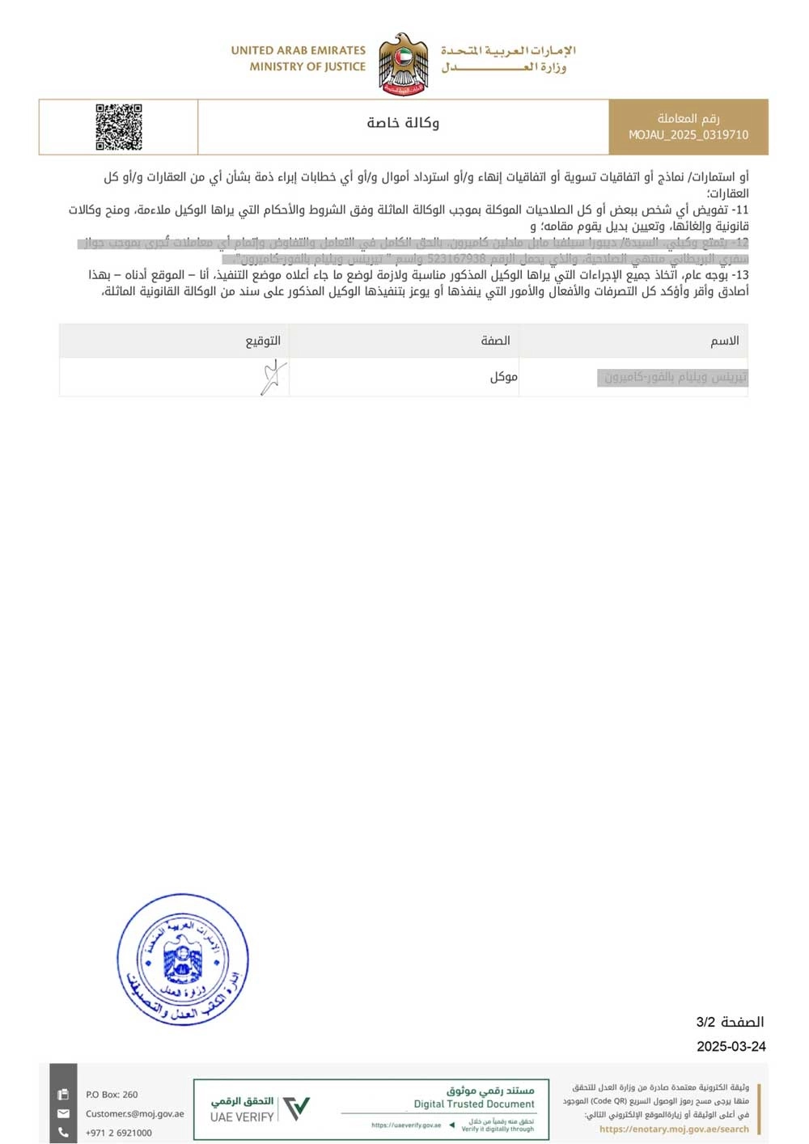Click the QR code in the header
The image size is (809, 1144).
pyautogui.click(x=119, y=127)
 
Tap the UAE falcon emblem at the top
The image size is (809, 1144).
pyautogui.click(x=403, y=64)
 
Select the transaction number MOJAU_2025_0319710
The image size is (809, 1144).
pyautogui.click(x=688, y=135)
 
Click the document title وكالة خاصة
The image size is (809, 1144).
pyautogui.click(x=403, y=122)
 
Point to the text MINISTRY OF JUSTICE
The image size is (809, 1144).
pyautogui.click(x=307, y=66)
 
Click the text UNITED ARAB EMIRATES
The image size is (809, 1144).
pyautogui.click(x=298, y=50)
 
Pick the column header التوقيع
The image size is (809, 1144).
pyautogui.click(x=263, y=341)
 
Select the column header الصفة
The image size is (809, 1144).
pyautogui.click(x=495, y=341)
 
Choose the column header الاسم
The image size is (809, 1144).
pyautogui.click(x=724, y=341)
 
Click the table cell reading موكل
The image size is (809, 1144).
pyautogui.click(x=503, y=376)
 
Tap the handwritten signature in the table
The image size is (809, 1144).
pyautogui.click(x=273, y=377)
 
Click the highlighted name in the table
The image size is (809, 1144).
pyautogui.click(x=676, y=377)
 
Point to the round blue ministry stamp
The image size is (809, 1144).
pyautogui.click(x=183, y=960)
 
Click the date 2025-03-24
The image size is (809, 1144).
pyautogui.click(x=731, y=1046)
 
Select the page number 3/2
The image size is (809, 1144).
pyautogui.click(x=705, y=1022)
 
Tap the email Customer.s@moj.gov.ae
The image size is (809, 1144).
pyautogui.click(x=135, y=1113)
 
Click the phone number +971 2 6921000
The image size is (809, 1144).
pyautogui.click(x=118, y=1133)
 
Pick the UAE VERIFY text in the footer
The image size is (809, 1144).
pyautogui.click(x=242, y=1116)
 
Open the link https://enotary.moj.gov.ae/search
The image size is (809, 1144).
pyautogui.click(x=674, y=1129)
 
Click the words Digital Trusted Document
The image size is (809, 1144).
pyautogui.click(x=474, y=1104)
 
